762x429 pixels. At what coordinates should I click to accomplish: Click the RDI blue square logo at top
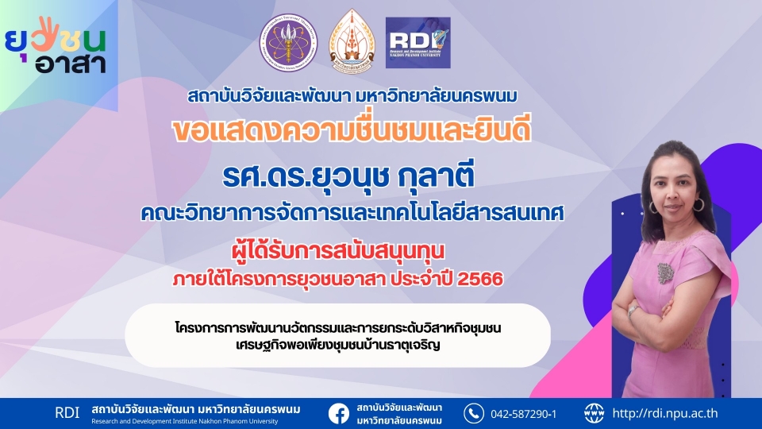click(x=418, y=43)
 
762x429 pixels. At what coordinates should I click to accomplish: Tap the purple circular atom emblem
click(x=288, y=42)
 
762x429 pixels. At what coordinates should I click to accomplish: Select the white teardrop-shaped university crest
click(x=352, y=42)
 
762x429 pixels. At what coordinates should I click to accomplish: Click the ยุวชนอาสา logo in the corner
click(x=56, y=45)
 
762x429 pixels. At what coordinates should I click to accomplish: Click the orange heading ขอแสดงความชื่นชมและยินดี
click(x=352, y=130)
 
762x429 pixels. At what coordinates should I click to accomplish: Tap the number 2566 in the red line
click(x=480, y=279)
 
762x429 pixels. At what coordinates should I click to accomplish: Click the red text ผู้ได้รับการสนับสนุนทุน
click(x=338, y=251)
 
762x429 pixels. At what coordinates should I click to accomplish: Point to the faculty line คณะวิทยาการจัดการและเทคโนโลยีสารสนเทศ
click(x=352, y=213)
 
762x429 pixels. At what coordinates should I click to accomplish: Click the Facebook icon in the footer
click(x=339, y=414)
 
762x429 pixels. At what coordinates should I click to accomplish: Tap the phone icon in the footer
click(x=473, y=413)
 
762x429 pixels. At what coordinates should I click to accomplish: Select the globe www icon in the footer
click(x=594, y=413)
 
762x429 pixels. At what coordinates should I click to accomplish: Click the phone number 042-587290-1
click(x=523, y=415)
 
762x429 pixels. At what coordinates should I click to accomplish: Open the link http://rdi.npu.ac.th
click(x=665, y=413)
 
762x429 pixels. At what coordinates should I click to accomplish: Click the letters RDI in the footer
click(x=67, y=413)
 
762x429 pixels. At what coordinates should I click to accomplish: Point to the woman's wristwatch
click(x=632, y=310)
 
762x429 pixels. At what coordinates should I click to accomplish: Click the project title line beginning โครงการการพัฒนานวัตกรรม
click(x=338, y=328)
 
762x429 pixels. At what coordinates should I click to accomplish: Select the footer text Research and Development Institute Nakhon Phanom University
click(x=185, y=421)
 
